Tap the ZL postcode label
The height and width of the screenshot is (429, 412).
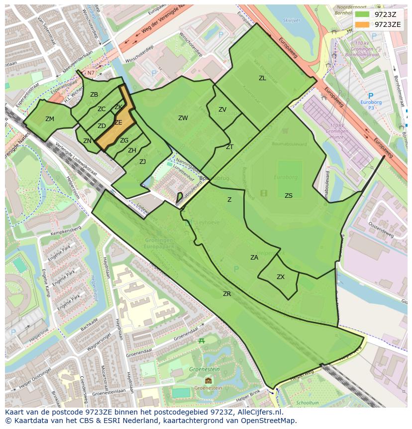click(262, 78)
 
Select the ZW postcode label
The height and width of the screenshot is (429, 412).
click(183, 118)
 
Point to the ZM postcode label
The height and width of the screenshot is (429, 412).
click(50, 119)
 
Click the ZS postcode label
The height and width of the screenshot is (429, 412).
click(289, 196)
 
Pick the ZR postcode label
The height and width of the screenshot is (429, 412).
click(227, 294)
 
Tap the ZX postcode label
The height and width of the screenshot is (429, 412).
click(281, 277)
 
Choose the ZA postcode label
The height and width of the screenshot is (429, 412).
click(254, 258)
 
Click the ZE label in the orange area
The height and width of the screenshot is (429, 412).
click(118, 123)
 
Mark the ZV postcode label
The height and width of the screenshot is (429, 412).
click(222, 110)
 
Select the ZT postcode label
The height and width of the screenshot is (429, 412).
click(229, 147)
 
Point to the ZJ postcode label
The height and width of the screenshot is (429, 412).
click(142, 162)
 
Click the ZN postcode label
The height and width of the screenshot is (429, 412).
click(88, 141)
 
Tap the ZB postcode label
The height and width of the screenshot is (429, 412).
click(94, 95)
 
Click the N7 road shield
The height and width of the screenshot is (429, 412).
click(91, 73)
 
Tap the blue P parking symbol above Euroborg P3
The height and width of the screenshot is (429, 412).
click(370, 96)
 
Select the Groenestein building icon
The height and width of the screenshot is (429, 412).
click(208, 381)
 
